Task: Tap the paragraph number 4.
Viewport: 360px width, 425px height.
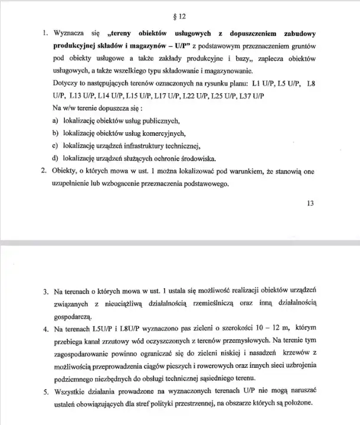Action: click(x=45, y=329)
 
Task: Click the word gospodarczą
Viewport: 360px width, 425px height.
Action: click(x=72, y=316)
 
